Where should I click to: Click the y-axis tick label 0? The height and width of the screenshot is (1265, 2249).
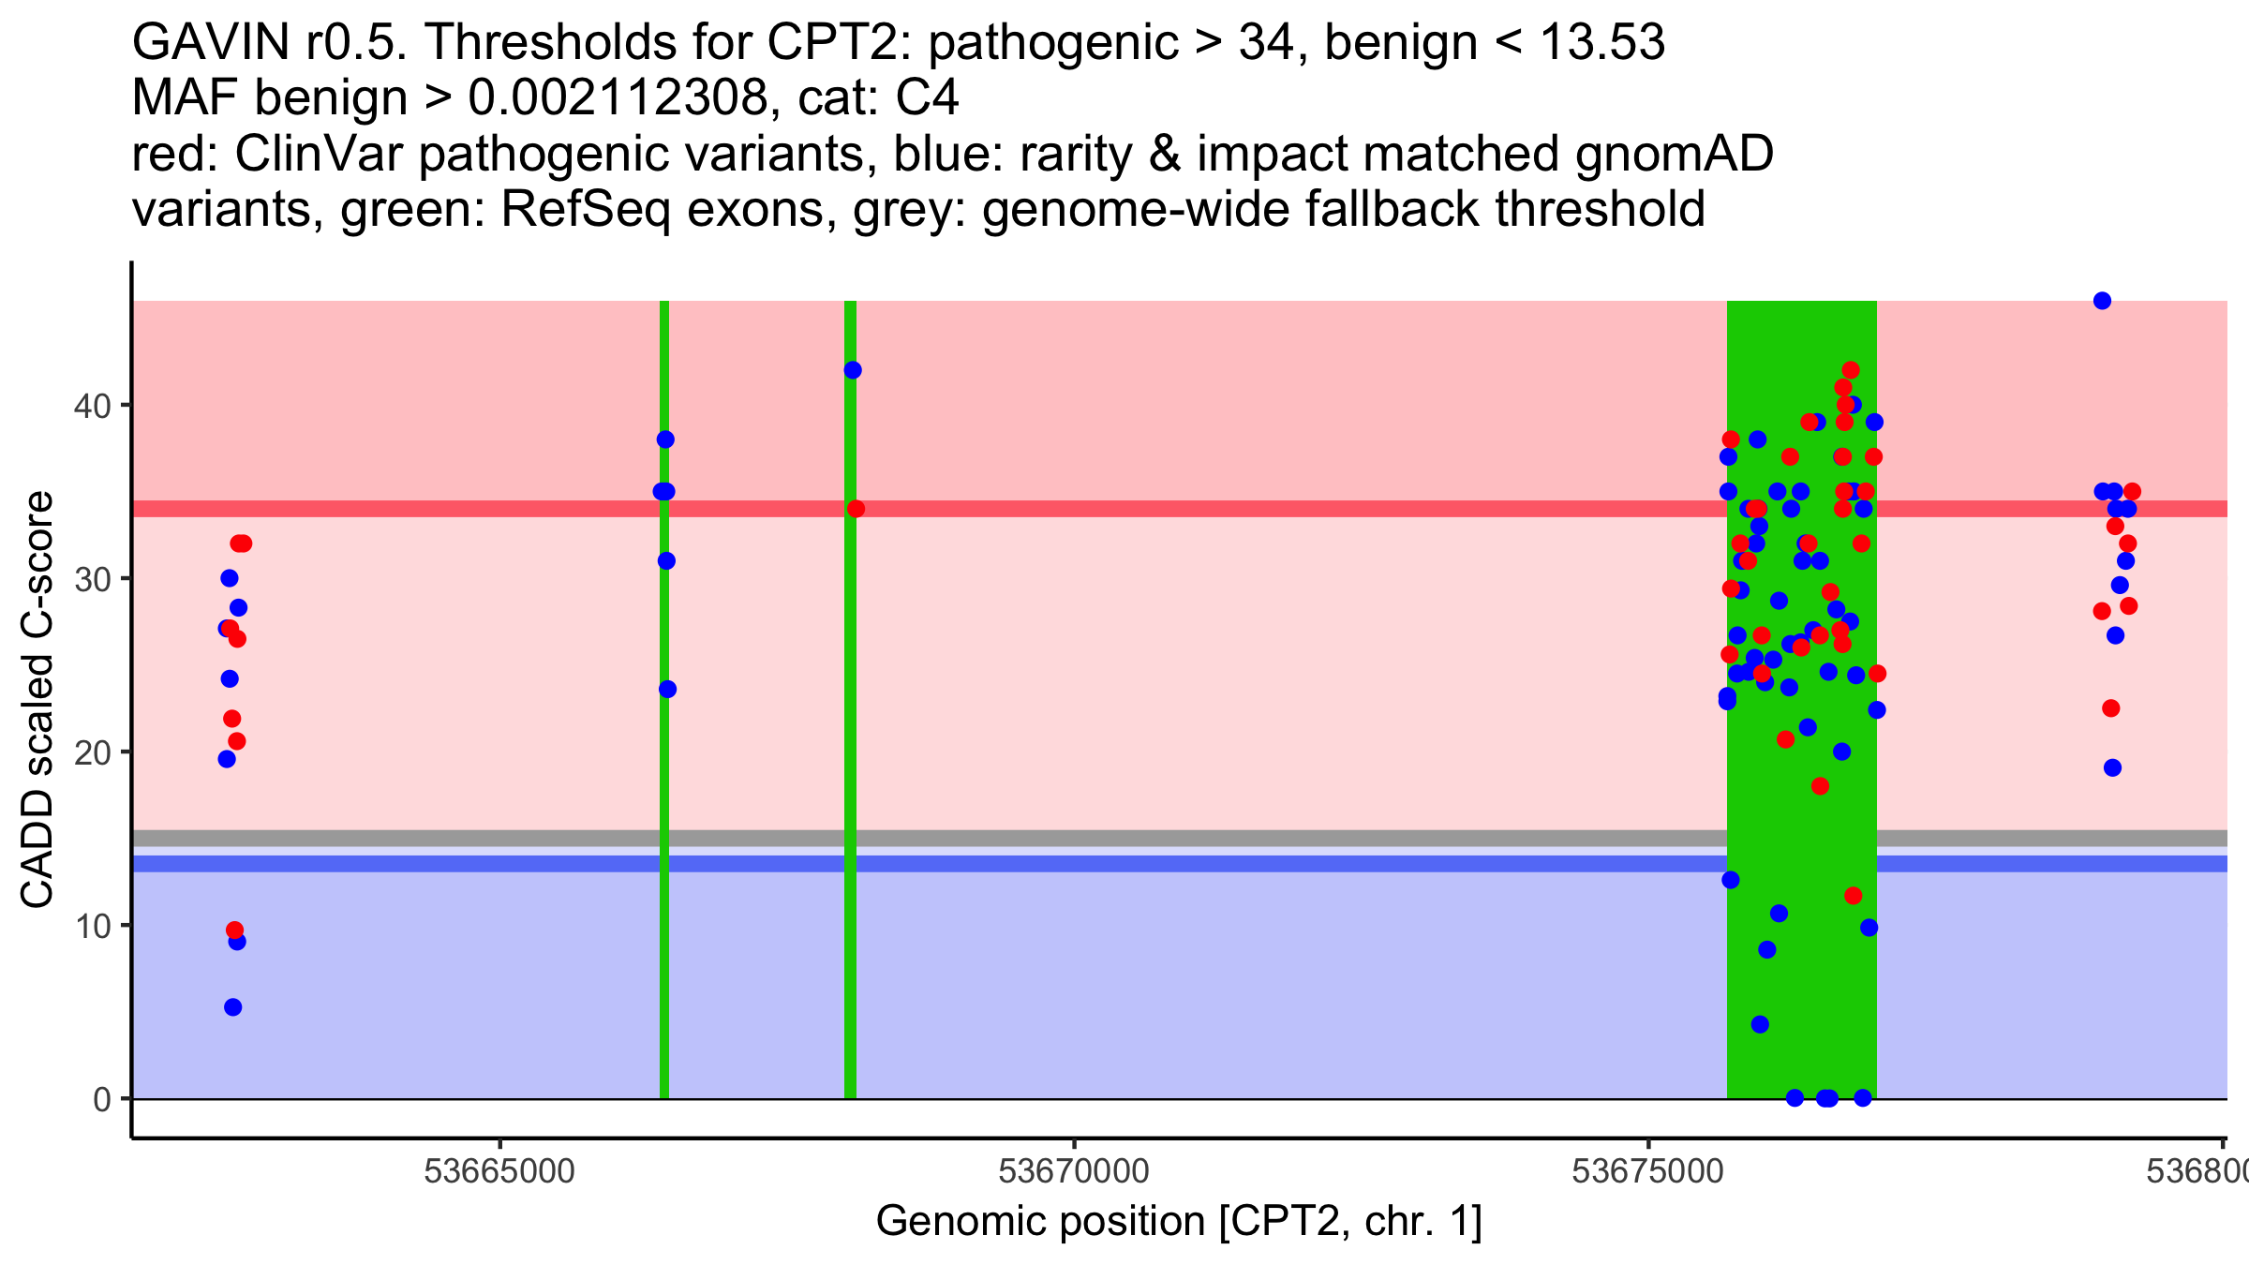(x=101, y=1099)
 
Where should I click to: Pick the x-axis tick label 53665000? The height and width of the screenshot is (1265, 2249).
(x=499, y=1171)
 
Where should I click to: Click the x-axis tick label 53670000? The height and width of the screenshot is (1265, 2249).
(x=1074, y=1171)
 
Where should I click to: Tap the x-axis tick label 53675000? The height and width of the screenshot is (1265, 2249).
(x=1648, y=1171)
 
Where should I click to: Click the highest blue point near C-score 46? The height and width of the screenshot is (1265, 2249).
(x=2102, y=301)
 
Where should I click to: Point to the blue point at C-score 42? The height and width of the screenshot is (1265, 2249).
(x=853, y=370)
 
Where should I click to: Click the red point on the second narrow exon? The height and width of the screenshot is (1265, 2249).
(x=856, y=509)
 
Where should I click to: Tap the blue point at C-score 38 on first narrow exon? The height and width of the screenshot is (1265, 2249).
(x=665, y=439)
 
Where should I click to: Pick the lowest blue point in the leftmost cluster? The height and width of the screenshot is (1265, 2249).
(x=233, y=1007)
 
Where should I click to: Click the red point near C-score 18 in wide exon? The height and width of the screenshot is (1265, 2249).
(x=1820, y=786)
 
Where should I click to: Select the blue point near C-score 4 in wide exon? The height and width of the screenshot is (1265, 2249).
(x=1760, y=1024)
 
